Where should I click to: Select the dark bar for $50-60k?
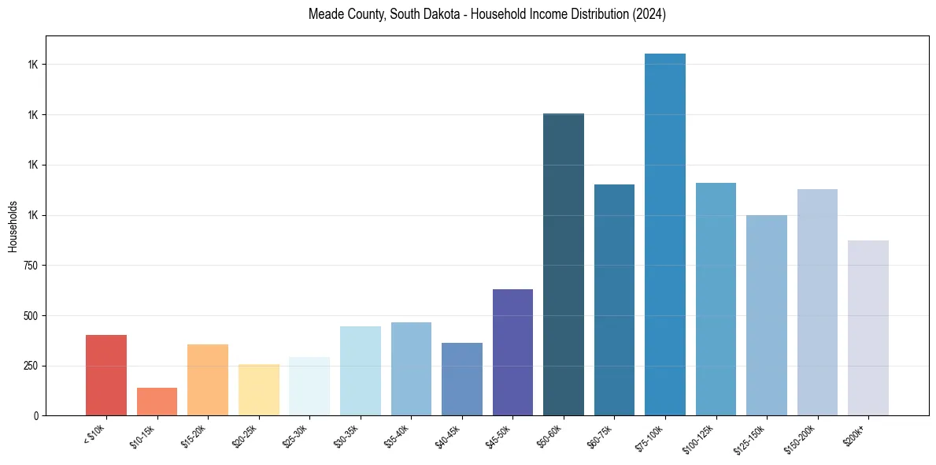click(564, 264)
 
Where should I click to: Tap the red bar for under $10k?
click(106, 375)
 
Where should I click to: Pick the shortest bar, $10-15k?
click(157, 401)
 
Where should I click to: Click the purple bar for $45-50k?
click(512, 352)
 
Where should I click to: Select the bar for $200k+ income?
click(868, 328)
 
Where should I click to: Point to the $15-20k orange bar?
click(208, 380)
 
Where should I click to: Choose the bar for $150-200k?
click(817, 302)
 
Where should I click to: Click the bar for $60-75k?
click(614, 299)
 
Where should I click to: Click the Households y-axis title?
click(13, 226)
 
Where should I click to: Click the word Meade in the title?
click(325, 14)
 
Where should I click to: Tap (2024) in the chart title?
click(649, 14)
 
